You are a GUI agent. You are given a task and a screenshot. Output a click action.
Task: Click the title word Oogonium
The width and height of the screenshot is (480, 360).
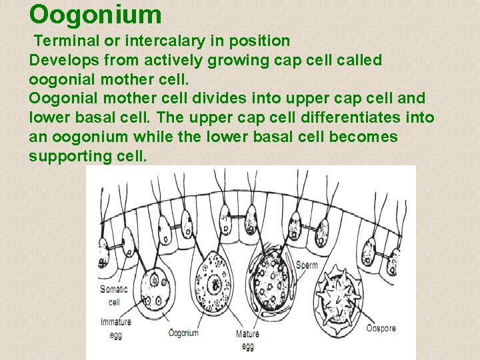tap(95, 14)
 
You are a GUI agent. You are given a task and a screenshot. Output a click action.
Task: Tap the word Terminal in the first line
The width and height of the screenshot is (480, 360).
tap(62, 41)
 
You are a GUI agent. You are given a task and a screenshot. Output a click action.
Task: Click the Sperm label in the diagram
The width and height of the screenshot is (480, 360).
tap(307, 265)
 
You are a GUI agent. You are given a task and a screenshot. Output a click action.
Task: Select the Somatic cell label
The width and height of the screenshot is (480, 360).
tap(113, 295)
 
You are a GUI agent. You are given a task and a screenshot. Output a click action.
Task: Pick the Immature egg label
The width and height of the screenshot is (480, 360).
tap(115, 327)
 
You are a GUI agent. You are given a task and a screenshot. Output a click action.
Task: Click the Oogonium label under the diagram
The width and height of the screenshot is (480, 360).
tap(183, 333)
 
